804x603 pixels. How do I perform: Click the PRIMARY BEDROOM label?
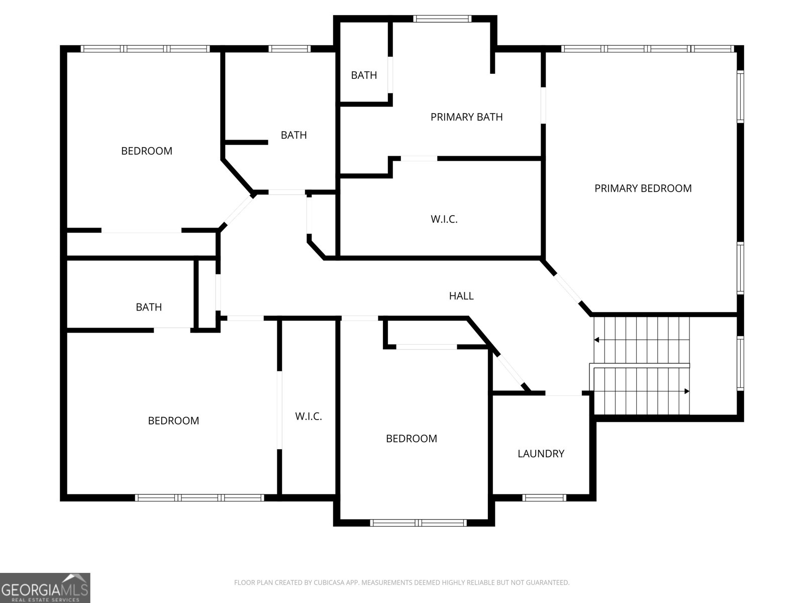643,188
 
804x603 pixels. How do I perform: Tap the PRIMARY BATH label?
466,117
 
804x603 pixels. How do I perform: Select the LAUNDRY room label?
541,454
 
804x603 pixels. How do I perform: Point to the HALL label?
461,296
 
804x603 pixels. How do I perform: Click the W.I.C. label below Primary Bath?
444,219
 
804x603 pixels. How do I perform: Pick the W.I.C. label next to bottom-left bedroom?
308,417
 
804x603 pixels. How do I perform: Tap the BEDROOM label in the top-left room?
146,151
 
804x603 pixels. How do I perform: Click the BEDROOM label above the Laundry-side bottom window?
411,439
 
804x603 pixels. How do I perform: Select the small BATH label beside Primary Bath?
364,75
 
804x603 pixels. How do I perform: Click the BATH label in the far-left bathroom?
149,307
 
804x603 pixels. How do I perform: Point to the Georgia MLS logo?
45,587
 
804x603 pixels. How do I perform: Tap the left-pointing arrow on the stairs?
597,340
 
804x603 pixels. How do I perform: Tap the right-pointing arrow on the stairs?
686,391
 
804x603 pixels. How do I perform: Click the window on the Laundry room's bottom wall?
544,498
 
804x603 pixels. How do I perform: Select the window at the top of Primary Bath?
442,19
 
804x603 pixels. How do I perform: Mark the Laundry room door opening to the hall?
563,393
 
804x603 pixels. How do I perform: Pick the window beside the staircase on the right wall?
740,363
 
